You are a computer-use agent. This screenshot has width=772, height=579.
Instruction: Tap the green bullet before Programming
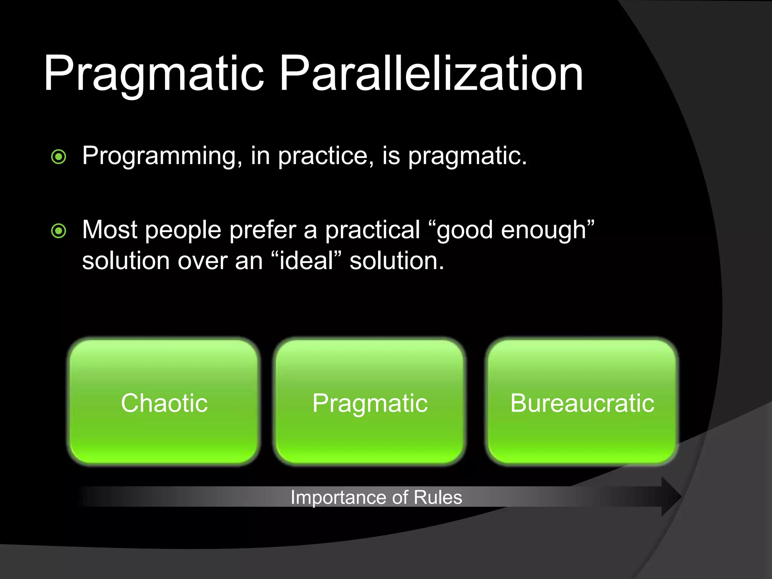pyautogui.click(x=59, y=156)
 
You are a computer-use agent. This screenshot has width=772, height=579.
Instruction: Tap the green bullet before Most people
pyautogui.click(x=59, y=231)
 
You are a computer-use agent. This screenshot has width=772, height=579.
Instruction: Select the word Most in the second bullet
pyautogui.click(x=109, y=230)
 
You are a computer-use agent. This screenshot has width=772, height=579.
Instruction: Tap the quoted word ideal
pyautogui.click(x=306, y=261)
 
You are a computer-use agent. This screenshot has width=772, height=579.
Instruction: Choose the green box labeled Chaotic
pyautogui.click(x=164, y=403)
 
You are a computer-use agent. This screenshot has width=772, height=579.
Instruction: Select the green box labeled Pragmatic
pyautogui.click(x=370, y=403)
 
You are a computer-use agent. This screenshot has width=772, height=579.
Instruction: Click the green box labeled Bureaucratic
pyautogui.click(x=582, y=403)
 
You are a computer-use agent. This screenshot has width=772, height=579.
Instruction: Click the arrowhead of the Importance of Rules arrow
pyautogui.click(x=671, y=496)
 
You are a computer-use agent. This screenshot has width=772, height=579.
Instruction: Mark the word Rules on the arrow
pyautogui.click(x=438, y=497)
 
